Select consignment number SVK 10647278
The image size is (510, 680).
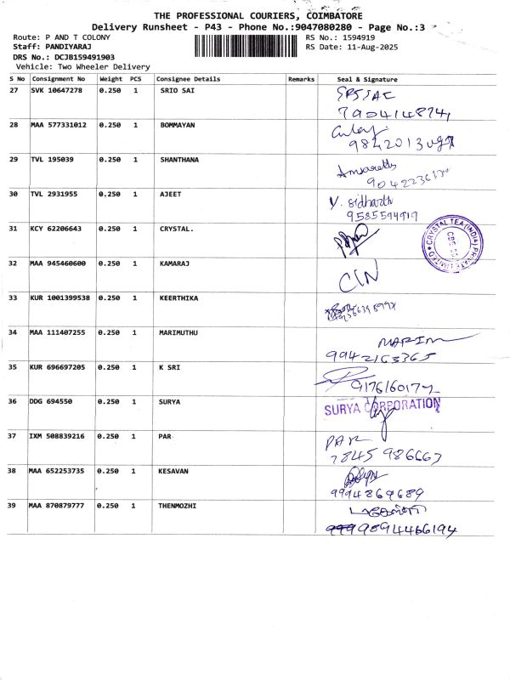[x=57, y=90]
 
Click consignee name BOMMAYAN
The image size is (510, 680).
[x=178, y=125]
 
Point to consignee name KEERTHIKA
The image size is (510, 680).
[x=180, y=297]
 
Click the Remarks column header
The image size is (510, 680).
[x=301, y=79]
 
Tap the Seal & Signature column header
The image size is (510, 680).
[x=367, y=79]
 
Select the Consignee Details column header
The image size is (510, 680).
[x=188, y=79]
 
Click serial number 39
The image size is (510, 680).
[x=13, y=506]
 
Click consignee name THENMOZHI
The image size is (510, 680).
[x=177, y=506]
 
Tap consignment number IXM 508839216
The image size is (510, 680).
[x=57, y=436]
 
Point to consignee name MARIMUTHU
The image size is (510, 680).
[x=178, y=332]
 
